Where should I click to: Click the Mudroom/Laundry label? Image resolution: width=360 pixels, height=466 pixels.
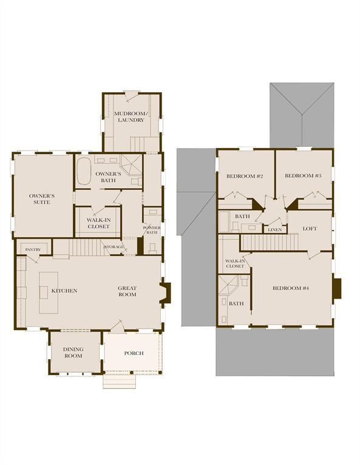point(129,116)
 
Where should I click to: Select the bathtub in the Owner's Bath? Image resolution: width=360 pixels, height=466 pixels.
point(84,170)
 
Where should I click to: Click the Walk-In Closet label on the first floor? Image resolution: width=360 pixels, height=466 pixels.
point(98,223)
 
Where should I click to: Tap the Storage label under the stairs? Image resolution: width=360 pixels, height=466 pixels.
point(114,248)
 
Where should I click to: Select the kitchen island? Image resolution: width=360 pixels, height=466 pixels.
point(46,292)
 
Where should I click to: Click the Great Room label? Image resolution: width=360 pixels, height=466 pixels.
point(127,291)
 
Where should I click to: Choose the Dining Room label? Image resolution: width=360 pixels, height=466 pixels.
point(73,353)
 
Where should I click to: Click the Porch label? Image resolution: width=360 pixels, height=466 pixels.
point(134,353)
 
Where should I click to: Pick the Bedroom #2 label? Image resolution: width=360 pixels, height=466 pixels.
point(245,176)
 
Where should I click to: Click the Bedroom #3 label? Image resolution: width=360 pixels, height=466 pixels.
point(303,176)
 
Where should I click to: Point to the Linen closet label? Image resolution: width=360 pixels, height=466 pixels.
point(273,229)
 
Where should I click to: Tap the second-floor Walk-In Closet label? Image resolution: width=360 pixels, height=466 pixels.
point(234,263)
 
